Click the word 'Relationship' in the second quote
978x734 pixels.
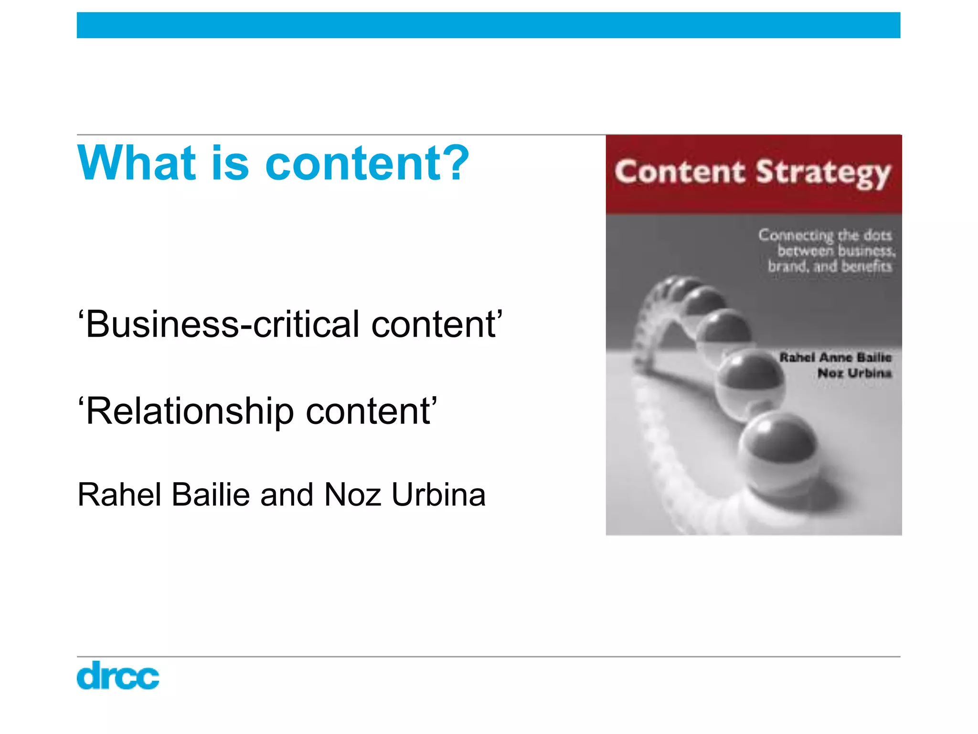point(189,412)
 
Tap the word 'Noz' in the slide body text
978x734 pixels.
point(352,495)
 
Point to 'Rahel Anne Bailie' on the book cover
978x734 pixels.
point(835,357)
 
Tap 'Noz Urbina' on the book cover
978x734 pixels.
point(854,373)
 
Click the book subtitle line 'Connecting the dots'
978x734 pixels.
point(825,235)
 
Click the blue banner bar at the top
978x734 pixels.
point(488,25)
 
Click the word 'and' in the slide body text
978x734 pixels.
point(287,495)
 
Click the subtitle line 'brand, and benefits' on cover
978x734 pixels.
point(829,266)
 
